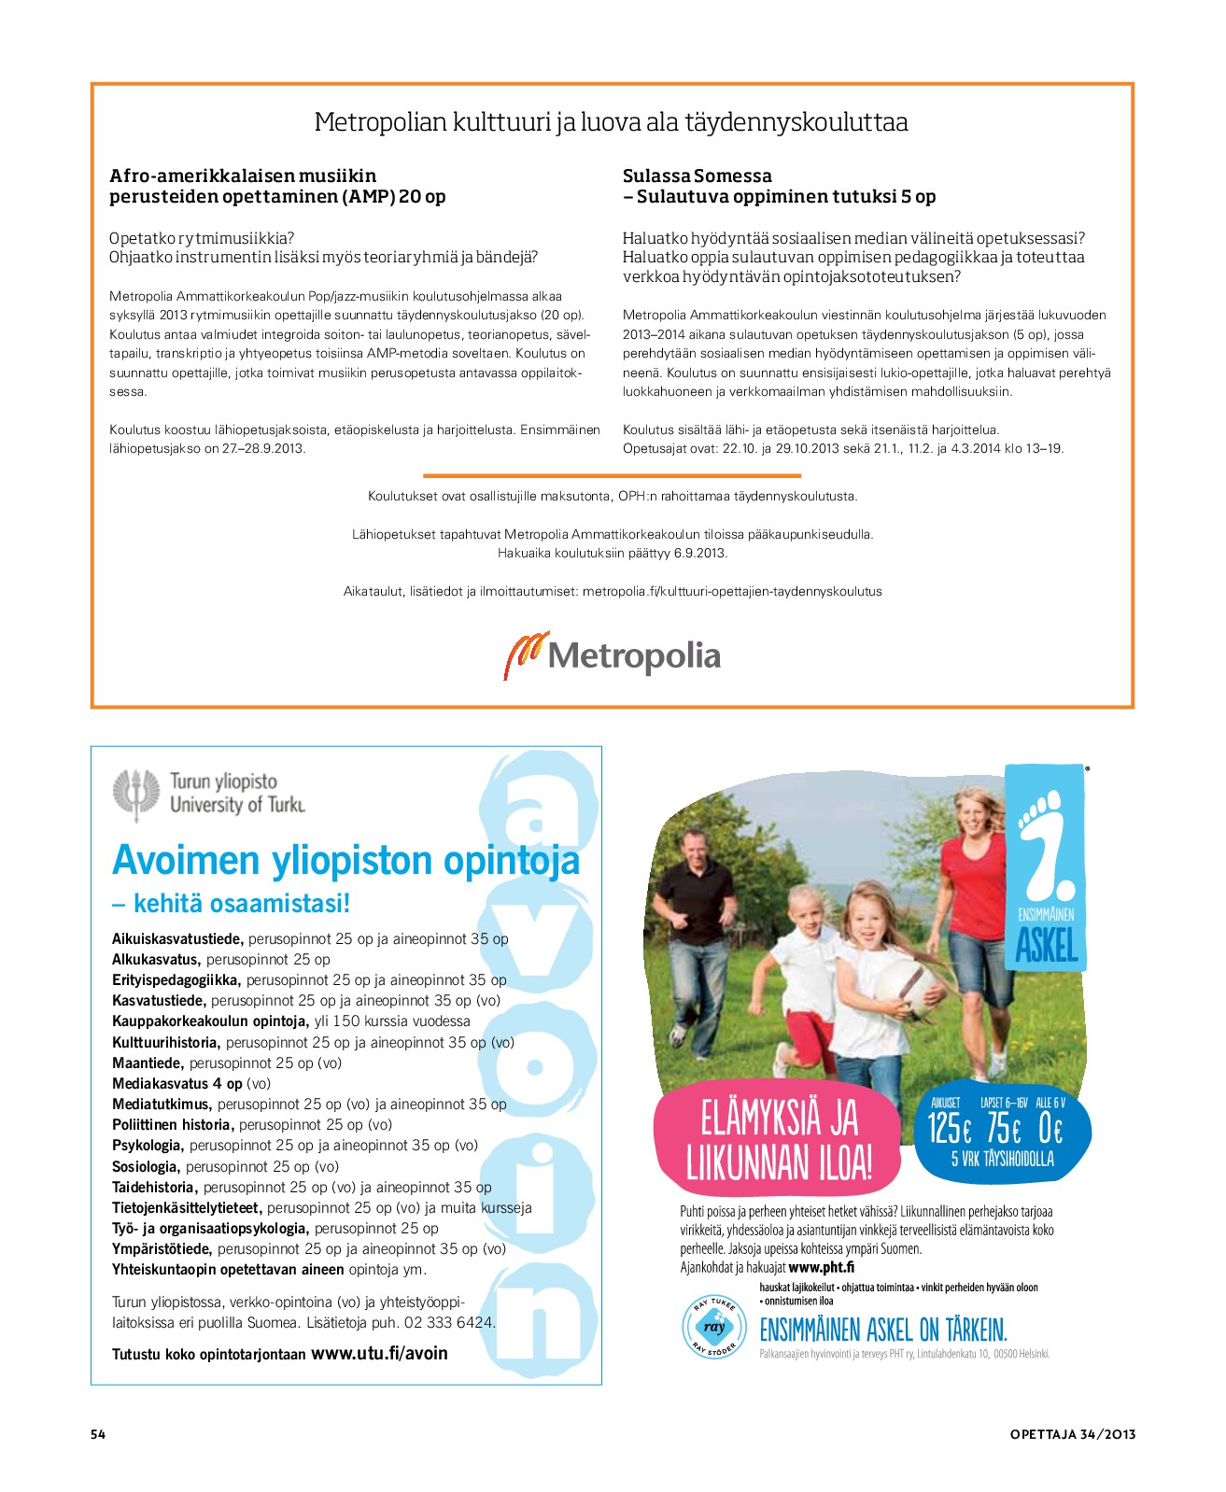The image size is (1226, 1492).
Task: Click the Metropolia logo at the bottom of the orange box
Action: [613, 655]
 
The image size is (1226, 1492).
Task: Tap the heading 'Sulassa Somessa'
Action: [697, 176]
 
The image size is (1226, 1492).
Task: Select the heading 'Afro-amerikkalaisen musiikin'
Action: [243, 176]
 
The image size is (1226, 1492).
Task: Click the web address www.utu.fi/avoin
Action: [379, 1353]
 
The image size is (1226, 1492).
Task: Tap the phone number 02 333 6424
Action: [447, 1322]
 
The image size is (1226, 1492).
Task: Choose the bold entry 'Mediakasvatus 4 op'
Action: [177, 1084]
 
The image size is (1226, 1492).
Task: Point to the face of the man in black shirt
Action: [697, 851]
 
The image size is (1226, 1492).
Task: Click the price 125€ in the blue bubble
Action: [949, 1129]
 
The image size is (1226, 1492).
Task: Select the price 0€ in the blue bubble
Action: [1050, 1129]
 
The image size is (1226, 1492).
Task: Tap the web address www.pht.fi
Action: [821, 1267]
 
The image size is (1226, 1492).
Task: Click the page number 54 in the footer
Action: [98, 1434]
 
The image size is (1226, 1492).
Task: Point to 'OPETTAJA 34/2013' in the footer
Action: [1072, 1434]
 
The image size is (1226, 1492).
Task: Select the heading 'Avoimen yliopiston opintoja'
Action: [345, 860]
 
